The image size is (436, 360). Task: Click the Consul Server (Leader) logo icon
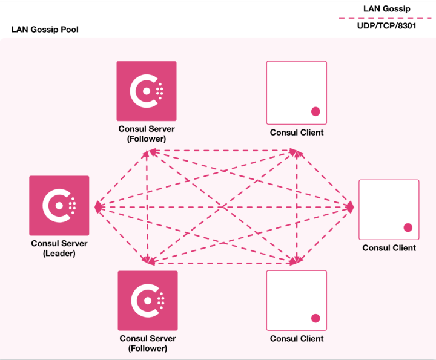coord(59,206)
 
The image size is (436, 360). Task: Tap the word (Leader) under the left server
coord(59,254)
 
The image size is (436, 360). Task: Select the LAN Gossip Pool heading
coord(45,30)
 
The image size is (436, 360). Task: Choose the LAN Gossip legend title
coord(386,8)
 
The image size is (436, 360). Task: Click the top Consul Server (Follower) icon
coord(147,91)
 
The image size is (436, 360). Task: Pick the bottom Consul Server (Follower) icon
coord(148,301)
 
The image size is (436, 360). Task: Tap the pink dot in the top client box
coord(315,111)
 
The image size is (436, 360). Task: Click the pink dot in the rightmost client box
coord(408,227)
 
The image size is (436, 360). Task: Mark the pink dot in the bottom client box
coord(315,318)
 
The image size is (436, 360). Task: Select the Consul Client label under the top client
coord(297,133)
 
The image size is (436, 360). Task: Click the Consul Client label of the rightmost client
coord(389,247)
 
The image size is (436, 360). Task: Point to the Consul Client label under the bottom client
coord(297,339)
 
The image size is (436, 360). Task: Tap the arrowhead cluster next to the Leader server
coord(98,207)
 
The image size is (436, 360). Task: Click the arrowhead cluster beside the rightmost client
coord(349,207)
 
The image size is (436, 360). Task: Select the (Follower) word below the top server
coord(147,139)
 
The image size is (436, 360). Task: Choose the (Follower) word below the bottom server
coord(148,348)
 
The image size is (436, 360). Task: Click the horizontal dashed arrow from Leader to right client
coord(224,207)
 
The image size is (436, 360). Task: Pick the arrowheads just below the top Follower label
coord(147,153)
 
